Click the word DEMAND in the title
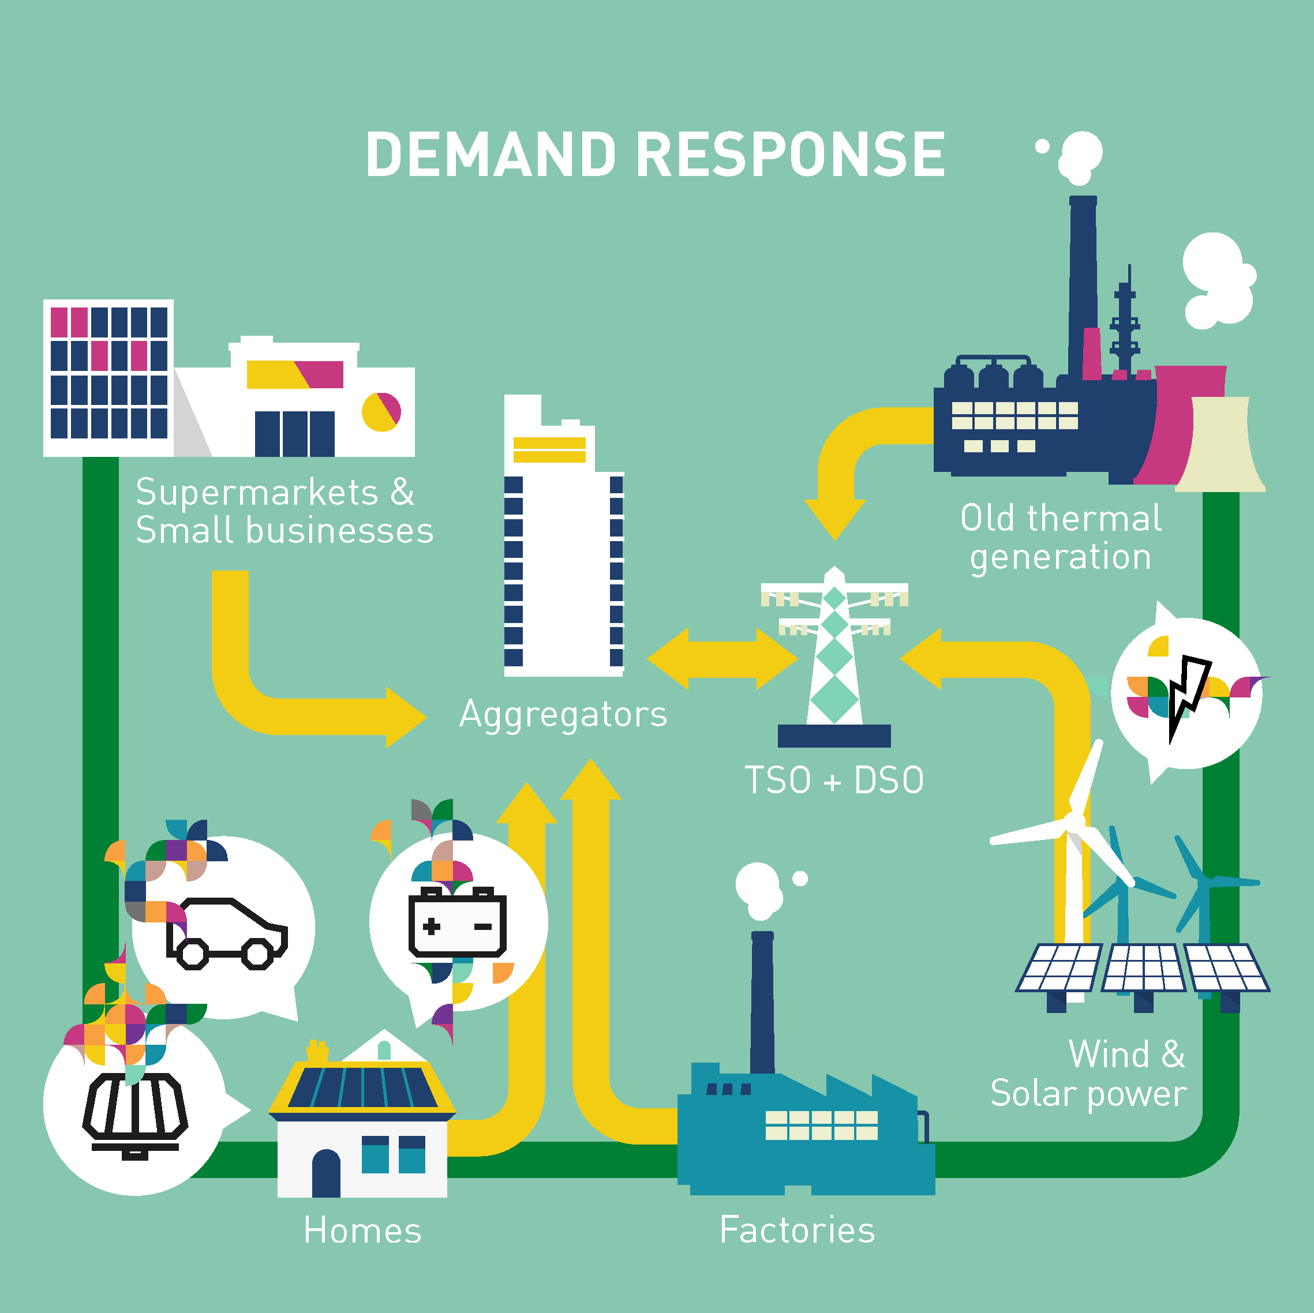pyautogui.click(x=491, y=155)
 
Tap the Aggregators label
pyautogui.click(x=563, y=715)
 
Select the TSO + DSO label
pyautogui.click(x=834, y=780)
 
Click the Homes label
pyautogui.click(x=362, y=1231)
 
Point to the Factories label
pyautogui.click(x=797, y=1230)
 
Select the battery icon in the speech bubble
pyautogui.click(x=457, y=922)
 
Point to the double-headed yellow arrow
pyautogui.click(x=722, y=658)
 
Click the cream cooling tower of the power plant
pyautogui.click(x=1220, y=445)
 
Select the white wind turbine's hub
pyautogui.click(x=1074, y=821)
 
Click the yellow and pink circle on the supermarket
pyautogui.click(x=381, y=411)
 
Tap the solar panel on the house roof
pyautogui.click(x=362, y=1086)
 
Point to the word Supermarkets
pyautogui.click(x=256, y=492)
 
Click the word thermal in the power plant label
pyautogui.click(x=1094, y=519)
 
